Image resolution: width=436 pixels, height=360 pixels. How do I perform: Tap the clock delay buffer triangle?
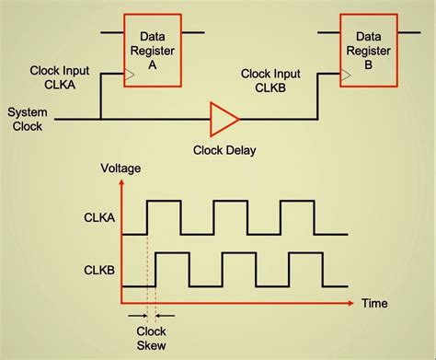(x=224, y=118)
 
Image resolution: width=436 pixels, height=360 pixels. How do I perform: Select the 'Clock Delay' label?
(x=224, y=149)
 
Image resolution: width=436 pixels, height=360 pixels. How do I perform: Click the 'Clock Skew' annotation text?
(x=151, y=338)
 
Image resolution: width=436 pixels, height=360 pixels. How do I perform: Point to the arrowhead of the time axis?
(x=355, y=302)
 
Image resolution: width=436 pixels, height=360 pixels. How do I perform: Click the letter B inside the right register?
(x=370, y=65)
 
